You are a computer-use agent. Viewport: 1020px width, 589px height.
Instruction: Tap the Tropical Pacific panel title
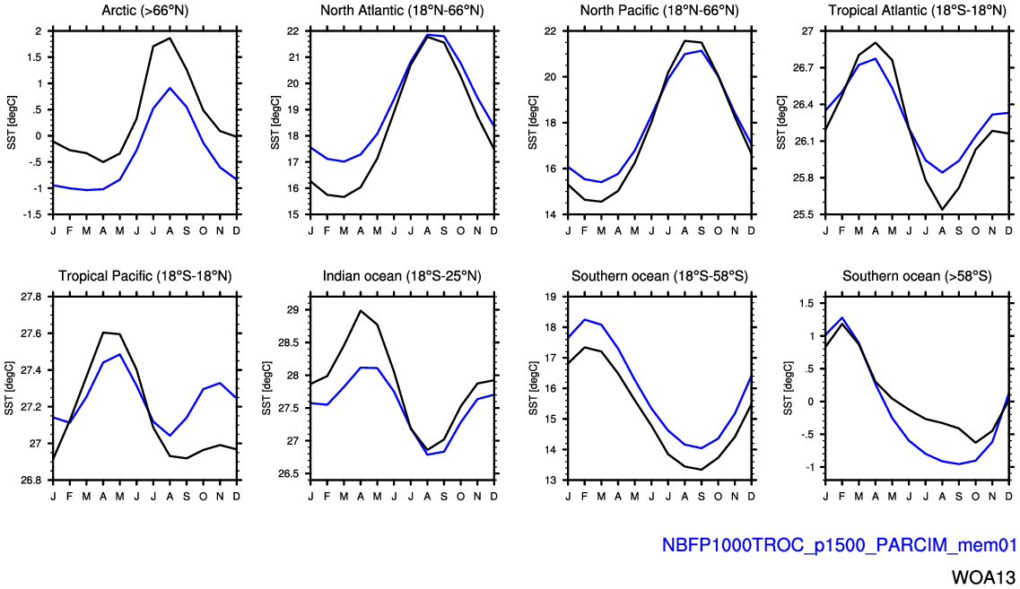144,275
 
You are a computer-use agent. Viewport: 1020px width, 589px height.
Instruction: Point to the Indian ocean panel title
402,275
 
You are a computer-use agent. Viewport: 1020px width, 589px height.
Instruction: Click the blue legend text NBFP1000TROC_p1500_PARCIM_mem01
838,544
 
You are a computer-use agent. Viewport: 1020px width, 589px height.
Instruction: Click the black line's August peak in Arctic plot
170,38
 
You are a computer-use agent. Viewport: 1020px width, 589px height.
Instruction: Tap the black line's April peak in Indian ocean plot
361,310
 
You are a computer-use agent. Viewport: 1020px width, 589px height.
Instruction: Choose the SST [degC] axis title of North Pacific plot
532,123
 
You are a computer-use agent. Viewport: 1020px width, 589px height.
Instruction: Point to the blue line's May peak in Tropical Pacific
120,354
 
